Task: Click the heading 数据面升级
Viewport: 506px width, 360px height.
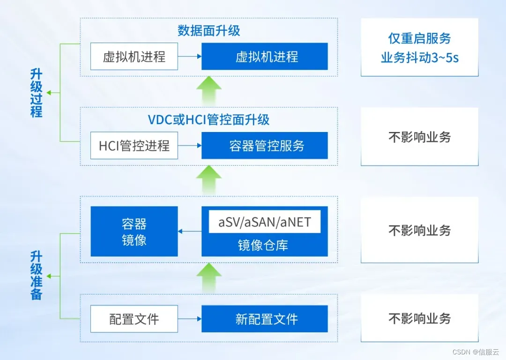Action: click(x=209, y=31)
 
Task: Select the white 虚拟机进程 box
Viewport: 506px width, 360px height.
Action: click(x=134, y=57)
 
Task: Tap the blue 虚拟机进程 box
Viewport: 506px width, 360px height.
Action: click(x=265, y=57)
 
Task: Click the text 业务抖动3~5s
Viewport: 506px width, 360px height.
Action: click(x=419, y=58)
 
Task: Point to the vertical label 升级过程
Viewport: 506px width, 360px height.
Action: click(x=37, y=93)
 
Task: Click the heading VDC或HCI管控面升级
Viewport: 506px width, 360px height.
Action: click(x=209, y=120)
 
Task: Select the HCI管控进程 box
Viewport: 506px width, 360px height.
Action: click(x=134, y=146)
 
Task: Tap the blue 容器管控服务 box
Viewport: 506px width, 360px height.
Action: click(x=265, y=146)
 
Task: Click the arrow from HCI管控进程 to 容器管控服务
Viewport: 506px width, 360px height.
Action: click(x=190, y=146)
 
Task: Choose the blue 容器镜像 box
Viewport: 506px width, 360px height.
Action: click(x=134, y=231)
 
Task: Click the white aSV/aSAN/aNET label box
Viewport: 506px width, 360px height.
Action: click(x=265, y=222)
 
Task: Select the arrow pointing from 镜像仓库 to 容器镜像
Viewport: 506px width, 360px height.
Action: click(x=190, y=231)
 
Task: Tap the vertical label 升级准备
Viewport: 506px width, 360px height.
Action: click(x=37, y=275)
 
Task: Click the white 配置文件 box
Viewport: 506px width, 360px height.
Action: click(x=134, y=319)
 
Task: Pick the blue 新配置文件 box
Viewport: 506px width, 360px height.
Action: click(x=265, y=319)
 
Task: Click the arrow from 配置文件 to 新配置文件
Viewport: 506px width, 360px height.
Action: click(x=190, y=319)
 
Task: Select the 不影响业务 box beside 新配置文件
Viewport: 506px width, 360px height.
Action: click(x=419, y=319)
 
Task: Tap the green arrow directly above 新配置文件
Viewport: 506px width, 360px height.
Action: click(x=209, y=277)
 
